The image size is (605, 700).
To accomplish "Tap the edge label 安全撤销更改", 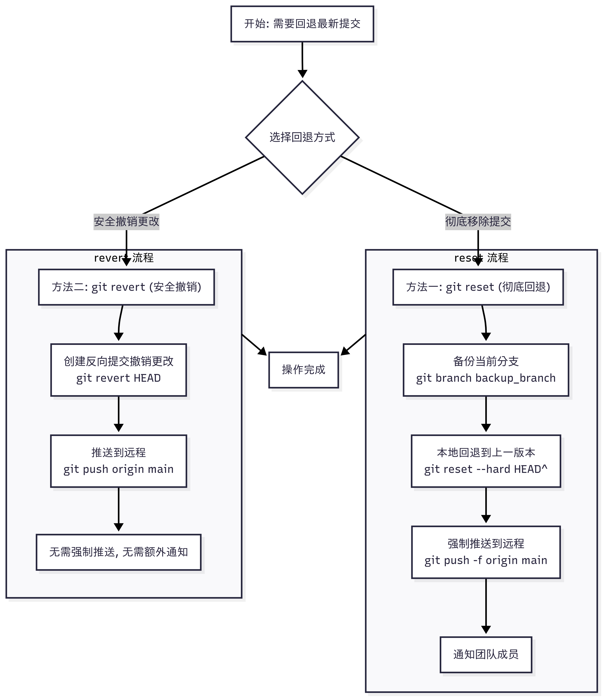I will tap(126, 222).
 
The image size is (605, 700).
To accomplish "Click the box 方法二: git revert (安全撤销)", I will tap(126, 287).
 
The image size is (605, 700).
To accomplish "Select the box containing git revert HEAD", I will tap(119, 370).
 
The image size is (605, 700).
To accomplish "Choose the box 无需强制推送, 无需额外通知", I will tap(119, 552).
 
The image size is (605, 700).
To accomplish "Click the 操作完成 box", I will tap(303, 370).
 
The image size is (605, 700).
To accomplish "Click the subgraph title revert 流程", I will tap(124, 258).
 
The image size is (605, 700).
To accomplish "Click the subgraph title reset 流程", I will tap(481, 258).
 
